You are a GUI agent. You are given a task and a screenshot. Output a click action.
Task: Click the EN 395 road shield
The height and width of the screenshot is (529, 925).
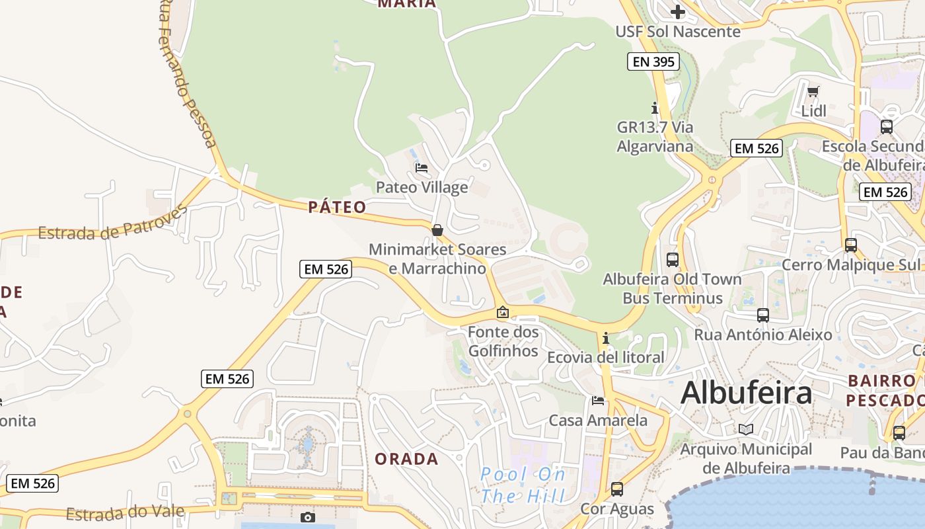(x=653, y=62)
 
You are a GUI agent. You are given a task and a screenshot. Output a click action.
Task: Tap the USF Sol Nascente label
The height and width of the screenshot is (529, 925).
(x=678, y=31)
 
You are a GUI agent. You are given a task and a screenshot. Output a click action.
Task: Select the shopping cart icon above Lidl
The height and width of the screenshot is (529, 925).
(x=813, y=91)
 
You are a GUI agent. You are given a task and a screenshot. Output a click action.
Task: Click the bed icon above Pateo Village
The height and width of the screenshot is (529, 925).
(x=422, y=168)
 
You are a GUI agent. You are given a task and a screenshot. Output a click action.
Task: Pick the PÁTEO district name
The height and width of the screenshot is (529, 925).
(x=337, y=207)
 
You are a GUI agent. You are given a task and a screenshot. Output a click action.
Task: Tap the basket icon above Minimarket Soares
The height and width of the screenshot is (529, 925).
(x=437, y=230)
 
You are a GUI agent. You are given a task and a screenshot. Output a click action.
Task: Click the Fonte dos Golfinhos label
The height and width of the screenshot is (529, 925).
(x=503, y=341)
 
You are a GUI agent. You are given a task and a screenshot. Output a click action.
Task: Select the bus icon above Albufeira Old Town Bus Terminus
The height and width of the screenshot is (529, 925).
(x=673, y=259)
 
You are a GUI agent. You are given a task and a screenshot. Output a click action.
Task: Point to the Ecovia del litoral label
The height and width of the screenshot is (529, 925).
(x=606, y=358)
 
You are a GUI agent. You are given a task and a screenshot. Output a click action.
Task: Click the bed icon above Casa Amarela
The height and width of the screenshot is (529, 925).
(x=598, y=401)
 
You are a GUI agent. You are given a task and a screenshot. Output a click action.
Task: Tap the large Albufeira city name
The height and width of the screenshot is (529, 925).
(x=746, y=393)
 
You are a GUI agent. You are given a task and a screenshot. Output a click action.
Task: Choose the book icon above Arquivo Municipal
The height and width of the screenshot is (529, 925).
(x=746, y=429)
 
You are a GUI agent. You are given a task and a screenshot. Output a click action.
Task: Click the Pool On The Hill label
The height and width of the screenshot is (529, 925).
(x=523, y=485)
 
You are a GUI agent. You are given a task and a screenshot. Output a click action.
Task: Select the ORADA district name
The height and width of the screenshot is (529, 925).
(x=406, y=459)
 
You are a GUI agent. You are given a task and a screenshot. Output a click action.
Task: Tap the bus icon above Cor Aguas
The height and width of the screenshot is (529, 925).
(x=616, y=489)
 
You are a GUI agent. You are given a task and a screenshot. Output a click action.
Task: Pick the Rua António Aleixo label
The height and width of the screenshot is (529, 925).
(x=762, y=335)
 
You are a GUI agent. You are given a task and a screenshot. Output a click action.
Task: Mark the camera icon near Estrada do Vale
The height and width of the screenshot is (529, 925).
(x=307, y=517)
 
